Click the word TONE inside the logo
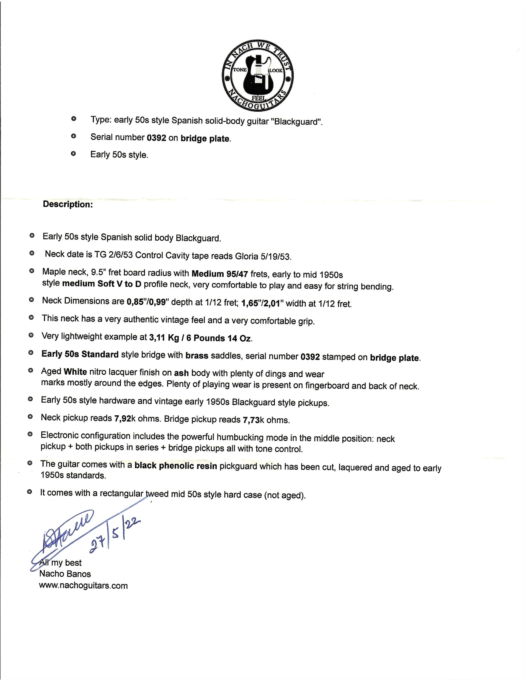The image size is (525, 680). [240, 70]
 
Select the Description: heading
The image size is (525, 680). [68, 204]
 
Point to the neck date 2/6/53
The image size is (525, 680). [121, 255]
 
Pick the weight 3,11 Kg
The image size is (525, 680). [164, 337]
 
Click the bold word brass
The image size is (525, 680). [197, 355]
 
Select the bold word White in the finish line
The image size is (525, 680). [75, 371]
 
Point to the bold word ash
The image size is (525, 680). [181, 373]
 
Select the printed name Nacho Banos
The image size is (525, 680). [65, 574]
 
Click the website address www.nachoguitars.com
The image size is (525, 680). [83, 585]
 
